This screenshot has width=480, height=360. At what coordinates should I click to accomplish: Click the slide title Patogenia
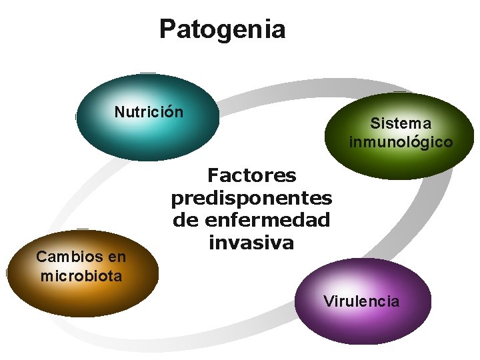coord(222,29)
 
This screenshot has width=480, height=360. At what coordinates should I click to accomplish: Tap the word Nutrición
coord(149,112)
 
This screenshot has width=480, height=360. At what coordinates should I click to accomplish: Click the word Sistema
coord(401,123)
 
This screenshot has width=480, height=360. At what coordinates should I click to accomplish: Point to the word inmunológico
coord(401,142)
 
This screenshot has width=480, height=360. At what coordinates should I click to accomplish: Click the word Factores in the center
coord(251,175)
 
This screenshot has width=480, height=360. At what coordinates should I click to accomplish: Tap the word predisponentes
coord(251,198)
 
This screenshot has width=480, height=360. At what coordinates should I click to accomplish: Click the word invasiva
coord(251,242)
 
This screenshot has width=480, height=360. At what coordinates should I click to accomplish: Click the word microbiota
coord(81,275)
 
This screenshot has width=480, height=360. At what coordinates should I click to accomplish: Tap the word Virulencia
coord(361,301)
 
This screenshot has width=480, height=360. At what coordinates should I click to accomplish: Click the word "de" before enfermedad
coord(183,219)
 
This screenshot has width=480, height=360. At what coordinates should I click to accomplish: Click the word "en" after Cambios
coord(117,257)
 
